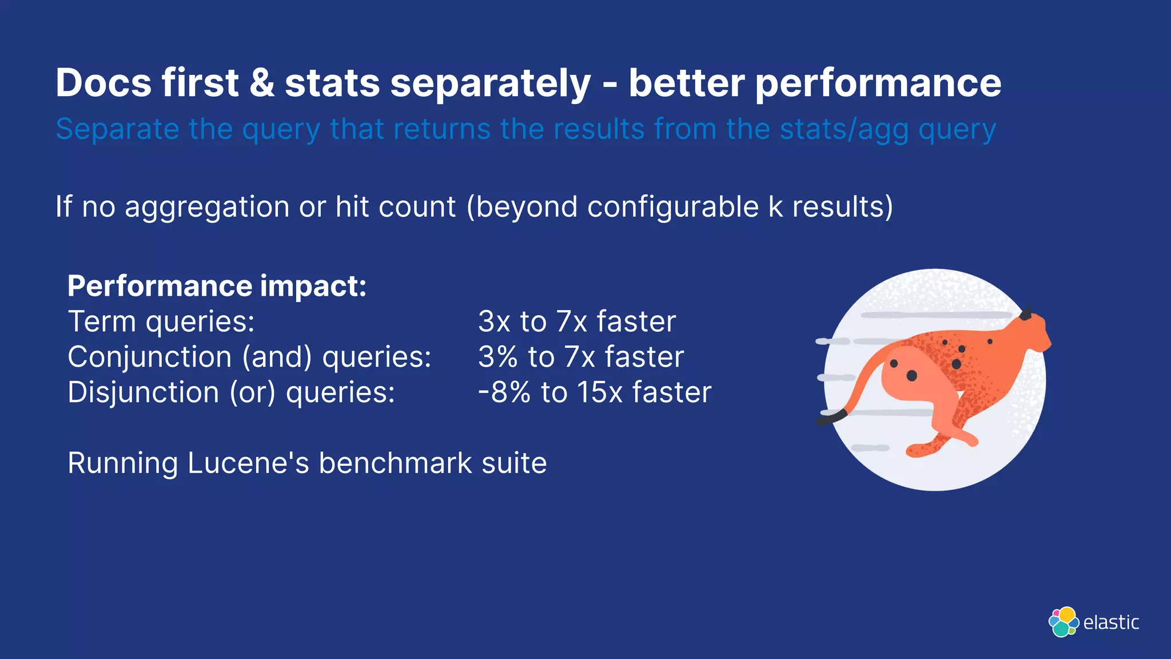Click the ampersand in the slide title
262,84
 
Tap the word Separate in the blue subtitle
117,129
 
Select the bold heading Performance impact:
217,286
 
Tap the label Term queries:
161,321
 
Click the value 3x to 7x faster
576,321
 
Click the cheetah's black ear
1025,313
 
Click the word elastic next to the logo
1111,622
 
